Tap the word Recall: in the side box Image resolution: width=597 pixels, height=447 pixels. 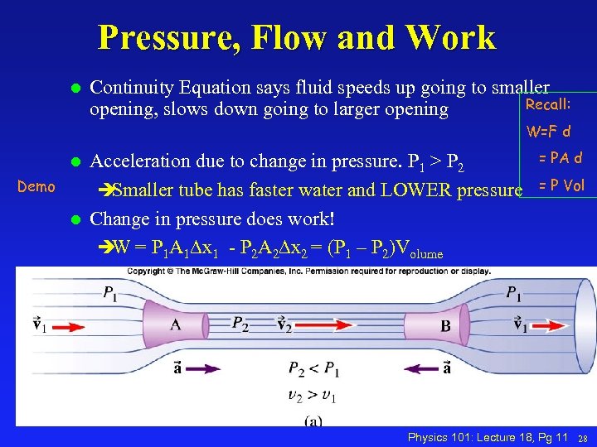point(548,104)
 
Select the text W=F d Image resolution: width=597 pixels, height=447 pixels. point(549,131)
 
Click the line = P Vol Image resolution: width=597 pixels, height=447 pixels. point(561,185)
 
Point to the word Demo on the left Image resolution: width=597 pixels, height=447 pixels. point(36,187)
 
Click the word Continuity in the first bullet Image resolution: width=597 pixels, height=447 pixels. point(133,87)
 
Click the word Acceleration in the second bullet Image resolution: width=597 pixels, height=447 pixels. point(142,160)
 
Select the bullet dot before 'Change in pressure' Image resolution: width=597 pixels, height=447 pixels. point(74,220)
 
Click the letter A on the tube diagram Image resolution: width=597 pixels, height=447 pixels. point(176,325)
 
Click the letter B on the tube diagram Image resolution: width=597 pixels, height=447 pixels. point(445,326)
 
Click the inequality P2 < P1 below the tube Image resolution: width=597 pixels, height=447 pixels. point(313,368)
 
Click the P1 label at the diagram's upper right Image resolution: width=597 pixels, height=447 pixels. point(514,292)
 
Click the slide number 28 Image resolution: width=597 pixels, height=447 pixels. point(583,436)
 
